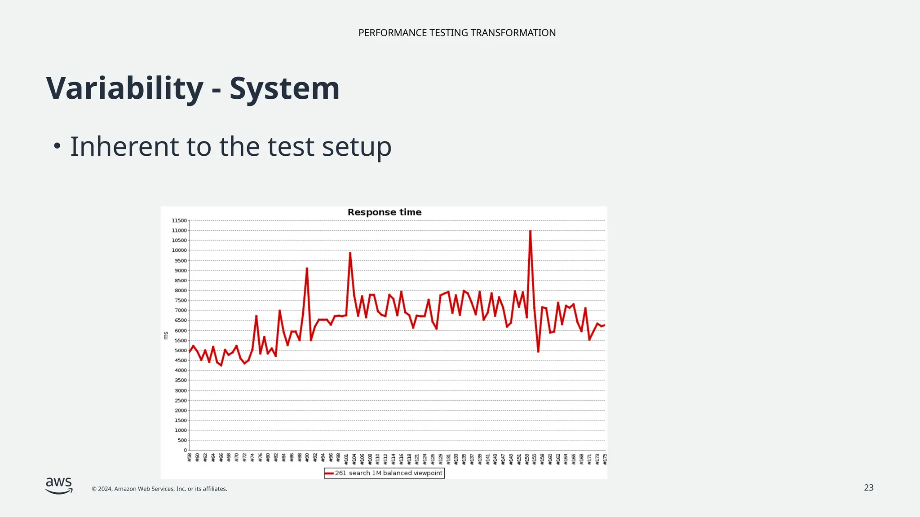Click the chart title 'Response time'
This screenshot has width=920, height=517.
click(385, 212)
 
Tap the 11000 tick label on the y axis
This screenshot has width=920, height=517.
click(179, 231)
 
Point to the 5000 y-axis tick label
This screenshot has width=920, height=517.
click(180, 351)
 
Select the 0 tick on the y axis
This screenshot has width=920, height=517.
click(185, 450)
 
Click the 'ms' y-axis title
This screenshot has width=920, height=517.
click(166, 335)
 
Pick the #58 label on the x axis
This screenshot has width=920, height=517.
click(190, 458)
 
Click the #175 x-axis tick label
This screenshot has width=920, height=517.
click(605, 459)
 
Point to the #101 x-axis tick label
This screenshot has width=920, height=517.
click(346, 459)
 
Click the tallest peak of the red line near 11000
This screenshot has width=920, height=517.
click(530, 232)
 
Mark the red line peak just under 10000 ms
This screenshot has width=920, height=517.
click(350, 254)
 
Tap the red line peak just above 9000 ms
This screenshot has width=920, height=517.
click(307, 269)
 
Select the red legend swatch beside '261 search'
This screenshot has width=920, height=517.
click(329, 473)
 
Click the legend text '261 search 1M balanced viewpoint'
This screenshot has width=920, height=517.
click(389, 473)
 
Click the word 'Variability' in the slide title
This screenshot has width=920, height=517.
click(125, 88)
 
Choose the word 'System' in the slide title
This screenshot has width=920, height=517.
click(284, 88)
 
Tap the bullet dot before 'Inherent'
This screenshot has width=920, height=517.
click(57, 146)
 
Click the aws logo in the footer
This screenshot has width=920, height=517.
click(59, 485)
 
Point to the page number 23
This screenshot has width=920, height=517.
click(868, 488)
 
